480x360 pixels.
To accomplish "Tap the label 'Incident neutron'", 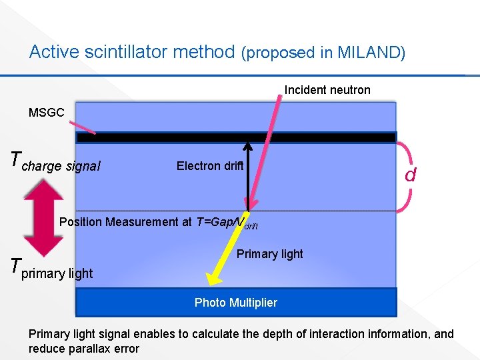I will coord(327,89).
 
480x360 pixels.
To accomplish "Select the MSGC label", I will coord(47,113).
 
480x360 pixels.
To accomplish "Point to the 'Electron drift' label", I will coord(211,166).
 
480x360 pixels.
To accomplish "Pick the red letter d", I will coord(411,175).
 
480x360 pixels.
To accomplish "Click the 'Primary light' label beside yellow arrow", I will coord(269,254).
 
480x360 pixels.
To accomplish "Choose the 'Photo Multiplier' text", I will coord(235,303).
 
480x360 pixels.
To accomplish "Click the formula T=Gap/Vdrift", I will coord(227,223).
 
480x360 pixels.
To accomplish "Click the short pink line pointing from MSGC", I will coord(85,126).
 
